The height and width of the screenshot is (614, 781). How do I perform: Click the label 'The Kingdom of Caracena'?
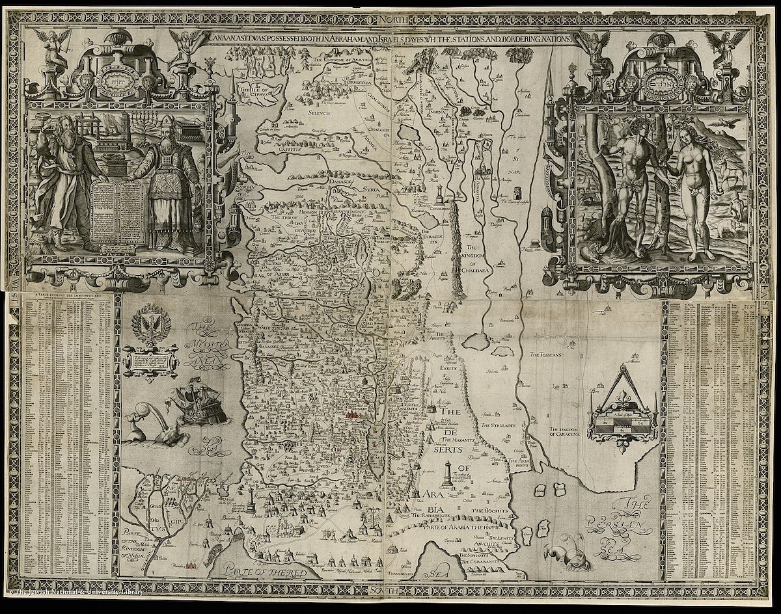[573, 433]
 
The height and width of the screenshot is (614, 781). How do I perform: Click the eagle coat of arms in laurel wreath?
[148, 327]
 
